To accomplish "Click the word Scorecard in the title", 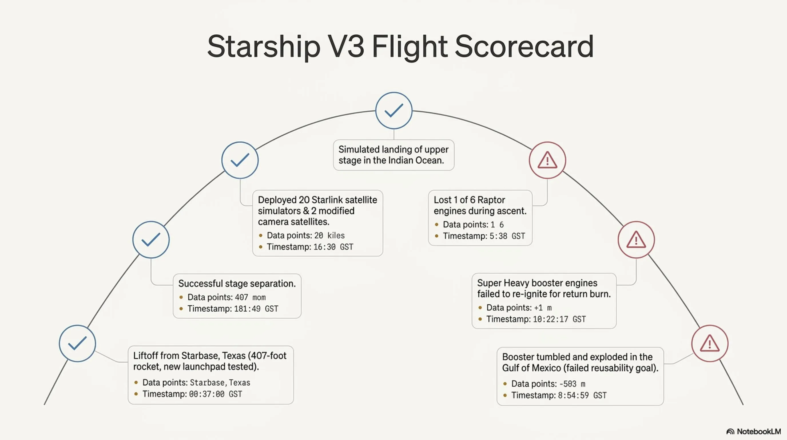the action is [524, 46].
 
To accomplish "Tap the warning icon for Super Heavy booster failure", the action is [636, 239].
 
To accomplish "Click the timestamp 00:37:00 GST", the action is [216, 394].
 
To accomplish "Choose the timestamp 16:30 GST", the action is [333, 247].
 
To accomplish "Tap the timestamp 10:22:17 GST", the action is [559, 319].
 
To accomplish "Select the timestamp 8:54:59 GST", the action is [582, 396].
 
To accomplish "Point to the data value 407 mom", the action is [250, 297].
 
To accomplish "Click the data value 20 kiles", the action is [329, 235].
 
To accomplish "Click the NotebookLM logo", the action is [753, 431].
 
